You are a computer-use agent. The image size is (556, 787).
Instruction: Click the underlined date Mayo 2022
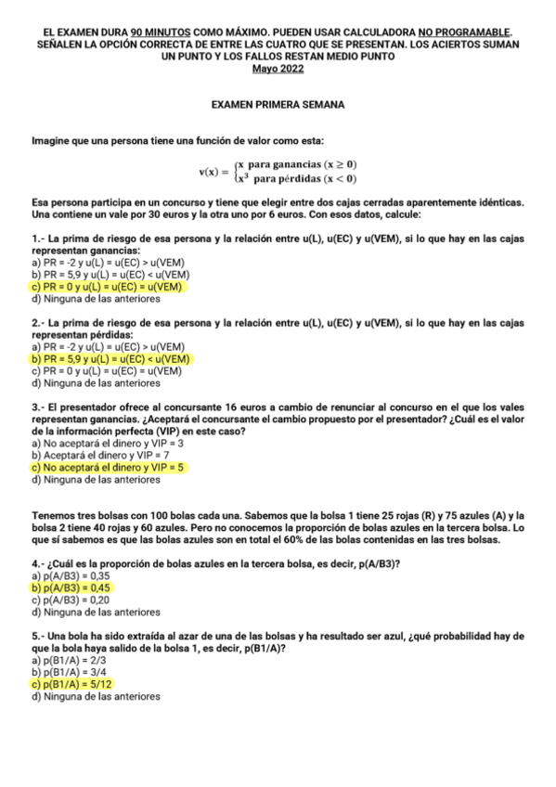coord(278,67)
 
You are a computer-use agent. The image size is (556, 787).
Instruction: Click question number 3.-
coord(38,407)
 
